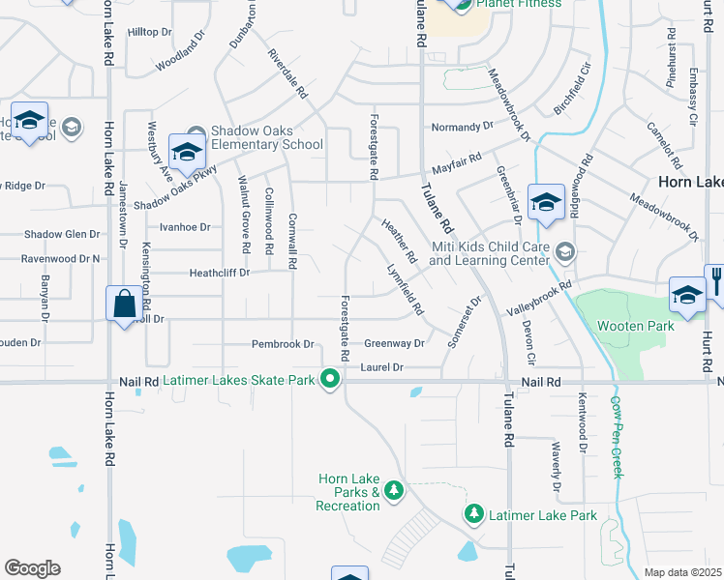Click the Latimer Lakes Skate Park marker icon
(330, 380)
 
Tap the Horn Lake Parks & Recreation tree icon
(393, 490)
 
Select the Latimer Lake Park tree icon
(473, 514)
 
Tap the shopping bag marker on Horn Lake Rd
(125, 304)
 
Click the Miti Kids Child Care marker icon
(566, 253)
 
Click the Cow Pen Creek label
(616, 435)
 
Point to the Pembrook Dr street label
(284, 344)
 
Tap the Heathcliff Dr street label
(220, 274)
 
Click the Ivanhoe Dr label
(185, 227)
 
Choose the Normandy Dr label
(455, 128)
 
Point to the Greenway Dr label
(394, 344)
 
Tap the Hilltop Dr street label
(149, 32)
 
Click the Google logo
(32, 567)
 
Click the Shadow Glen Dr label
(62, 234)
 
